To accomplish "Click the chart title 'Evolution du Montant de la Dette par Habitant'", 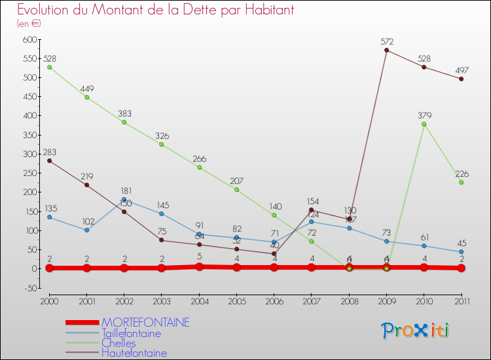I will pyautogui.click(x=156, y=10).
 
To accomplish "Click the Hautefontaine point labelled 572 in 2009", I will pyautogui.click(x=387, y=50).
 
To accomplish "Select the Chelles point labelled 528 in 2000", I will pyautogui.click(x=49, y=67).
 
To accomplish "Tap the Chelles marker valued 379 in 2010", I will pyautogui.click(x=424, y=124).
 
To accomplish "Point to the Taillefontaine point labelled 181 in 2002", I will pyautogui.click(x=124, y=200).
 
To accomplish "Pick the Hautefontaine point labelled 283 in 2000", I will pyautogui.click(x=49, y=160).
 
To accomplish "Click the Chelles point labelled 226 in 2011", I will pyautogui.click(x=462, y=182).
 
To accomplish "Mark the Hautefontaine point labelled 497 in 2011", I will pyautogui.click(x=462, y=79).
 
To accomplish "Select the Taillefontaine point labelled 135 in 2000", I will pyautogui.click(x=49, y=217).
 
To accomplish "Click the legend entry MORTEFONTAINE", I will pyautogui.click(x=145, y=323).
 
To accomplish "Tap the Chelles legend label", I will pyautogui.click(x=118, y=343).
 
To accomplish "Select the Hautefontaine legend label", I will pyautogui.click(x=134, y=353).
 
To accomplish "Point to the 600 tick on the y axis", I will pyautogui.click(x=28, y=40).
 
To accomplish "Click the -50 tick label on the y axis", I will pyautogui.click(x=28, y=288).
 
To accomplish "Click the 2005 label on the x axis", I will pyautogui.click(x=236, y=300).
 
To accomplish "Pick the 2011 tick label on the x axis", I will pyautogui.click(x=461, y=300).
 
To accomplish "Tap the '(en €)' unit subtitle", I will pyautogui.click(x=29, y=24).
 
